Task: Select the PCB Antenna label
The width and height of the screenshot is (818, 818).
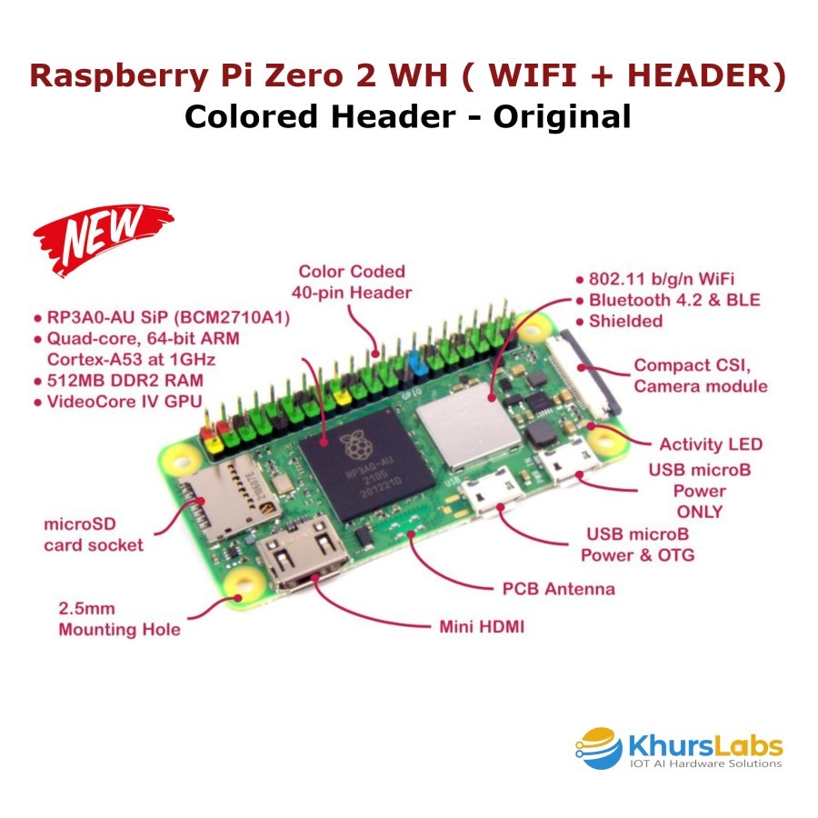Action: pyautogui.click(x=558, y=589)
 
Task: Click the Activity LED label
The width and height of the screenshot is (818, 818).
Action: pyautogui.click(x=710, y=444)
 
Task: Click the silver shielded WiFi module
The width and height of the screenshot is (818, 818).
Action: pyautogui.click(x=460, y=430)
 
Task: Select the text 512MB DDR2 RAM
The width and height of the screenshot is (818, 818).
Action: pyautogui.click(x=123, y=380)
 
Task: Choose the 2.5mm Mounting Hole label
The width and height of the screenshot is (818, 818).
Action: pyautogui.click(x=118, y=619)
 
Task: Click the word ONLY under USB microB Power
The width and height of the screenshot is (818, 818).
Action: pyautogui.click(x=699, y=512)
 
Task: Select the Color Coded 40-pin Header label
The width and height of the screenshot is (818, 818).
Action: pyautogui.click(x=351, y=282)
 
